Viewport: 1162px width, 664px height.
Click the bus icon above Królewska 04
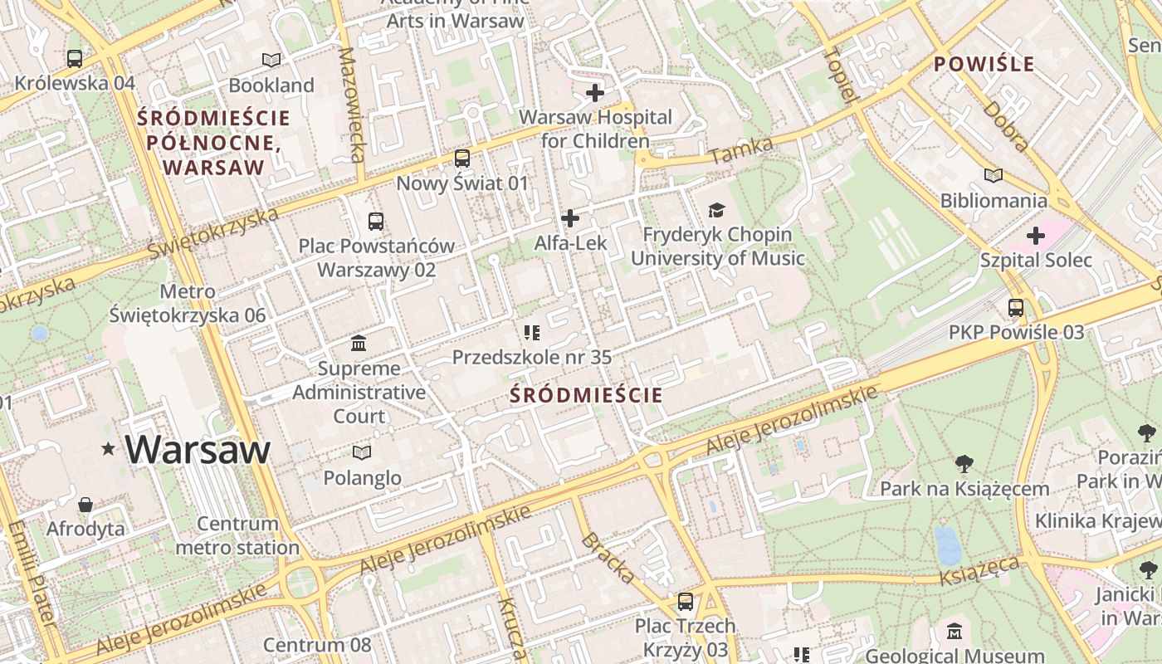[x=75, y=59]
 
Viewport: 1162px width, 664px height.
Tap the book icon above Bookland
[x=271, y=60]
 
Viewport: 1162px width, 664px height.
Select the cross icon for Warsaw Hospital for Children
[x=595, y=92]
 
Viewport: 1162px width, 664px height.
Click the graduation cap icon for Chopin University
[x=716, y=210]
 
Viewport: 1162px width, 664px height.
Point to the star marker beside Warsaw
[x=108, y=449]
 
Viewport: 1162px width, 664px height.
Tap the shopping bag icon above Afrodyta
[x=85, y=505]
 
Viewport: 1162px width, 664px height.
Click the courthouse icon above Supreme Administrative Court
[x=359, y=343]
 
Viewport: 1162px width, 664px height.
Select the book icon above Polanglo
[x=361, y=452]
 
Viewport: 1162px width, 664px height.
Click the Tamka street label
[x=741, y=150]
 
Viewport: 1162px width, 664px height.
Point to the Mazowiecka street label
[x=353, y=104]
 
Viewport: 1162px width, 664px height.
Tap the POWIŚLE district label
[x=984, y=64]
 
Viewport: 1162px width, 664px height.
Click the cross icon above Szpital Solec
[x=1036, y=236]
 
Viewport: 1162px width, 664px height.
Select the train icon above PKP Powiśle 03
[x=1016, y=308]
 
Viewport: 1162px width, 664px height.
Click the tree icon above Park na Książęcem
[x=964, y=463]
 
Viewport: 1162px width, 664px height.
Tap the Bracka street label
[x=608, y=557]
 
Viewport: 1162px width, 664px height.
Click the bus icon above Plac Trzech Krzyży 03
[x=686, y=601]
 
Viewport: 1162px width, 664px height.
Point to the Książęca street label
[x=979, y=572]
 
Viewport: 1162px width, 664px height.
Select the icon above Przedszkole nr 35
[x=532, y=333]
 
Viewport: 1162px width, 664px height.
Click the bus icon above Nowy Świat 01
[x=462, y=158]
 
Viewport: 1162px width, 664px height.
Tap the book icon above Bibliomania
[x=994, y=175]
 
